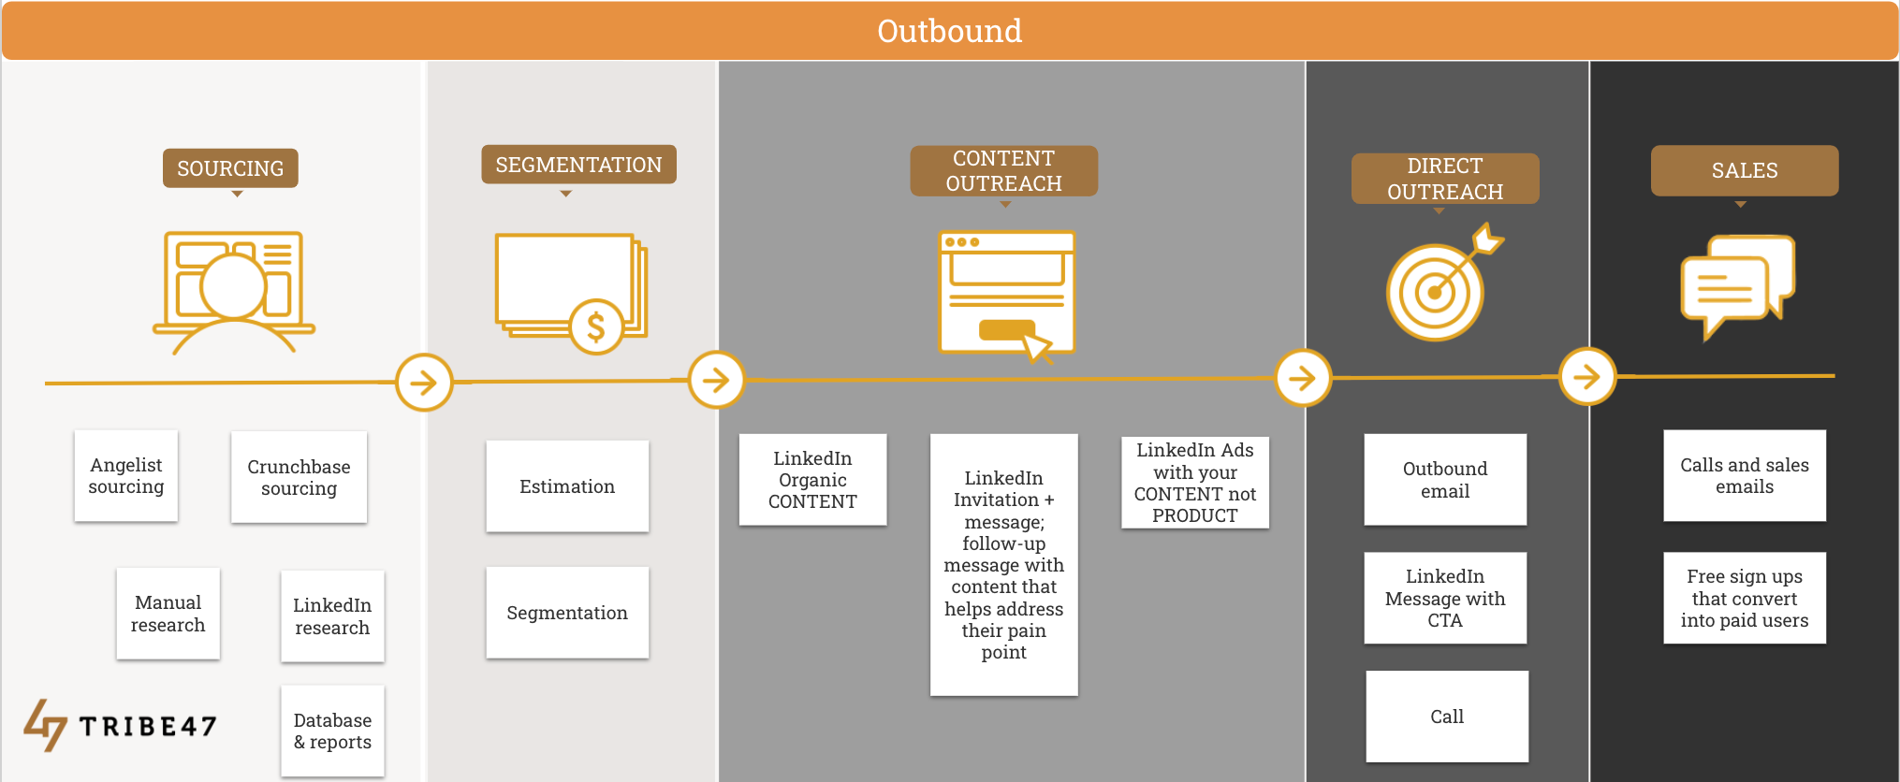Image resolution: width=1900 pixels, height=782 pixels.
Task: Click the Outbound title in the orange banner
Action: click(949, 31)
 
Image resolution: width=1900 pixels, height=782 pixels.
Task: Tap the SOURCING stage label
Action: click(230, 168)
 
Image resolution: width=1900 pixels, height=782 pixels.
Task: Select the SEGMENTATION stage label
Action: click(578, 165)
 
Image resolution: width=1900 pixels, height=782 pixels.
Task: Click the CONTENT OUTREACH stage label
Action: click(1003, 171)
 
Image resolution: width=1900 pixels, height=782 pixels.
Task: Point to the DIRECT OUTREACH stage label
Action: click(1444, 179)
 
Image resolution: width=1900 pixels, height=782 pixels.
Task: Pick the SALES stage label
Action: click(1744, 170)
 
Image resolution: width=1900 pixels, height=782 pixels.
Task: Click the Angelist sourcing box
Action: click(126, 476)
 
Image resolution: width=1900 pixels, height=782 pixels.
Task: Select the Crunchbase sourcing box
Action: click(299, 477)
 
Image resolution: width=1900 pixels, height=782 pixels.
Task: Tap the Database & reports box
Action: click(332, 731)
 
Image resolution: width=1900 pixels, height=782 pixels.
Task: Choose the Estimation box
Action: click(567, 486)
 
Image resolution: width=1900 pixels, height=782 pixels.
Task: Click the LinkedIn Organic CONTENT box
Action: click(812, 480)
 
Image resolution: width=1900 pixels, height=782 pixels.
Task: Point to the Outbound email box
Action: click(1445, 480)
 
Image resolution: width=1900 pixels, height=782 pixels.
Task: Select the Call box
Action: click(1447, 717)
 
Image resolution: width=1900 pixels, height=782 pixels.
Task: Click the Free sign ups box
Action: click(1745, 599)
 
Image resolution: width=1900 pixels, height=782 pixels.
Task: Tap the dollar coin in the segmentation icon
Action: click(596, 327)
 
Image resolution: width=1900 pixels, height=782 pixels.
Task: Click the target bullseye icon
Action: click(1435, 292)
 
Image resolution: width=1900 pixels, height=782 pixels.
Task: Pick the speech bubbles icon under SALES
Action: click(1737, 283)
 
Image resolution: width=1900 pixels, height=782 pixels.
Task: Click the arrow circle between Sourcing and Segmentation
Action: click(424, 383)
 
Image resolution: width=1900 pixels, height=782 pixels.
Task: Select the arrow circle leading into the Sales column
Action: click(1586, 377)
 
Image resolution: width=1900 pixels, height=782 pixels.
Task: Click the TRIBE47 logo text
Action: click(148, 727)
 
